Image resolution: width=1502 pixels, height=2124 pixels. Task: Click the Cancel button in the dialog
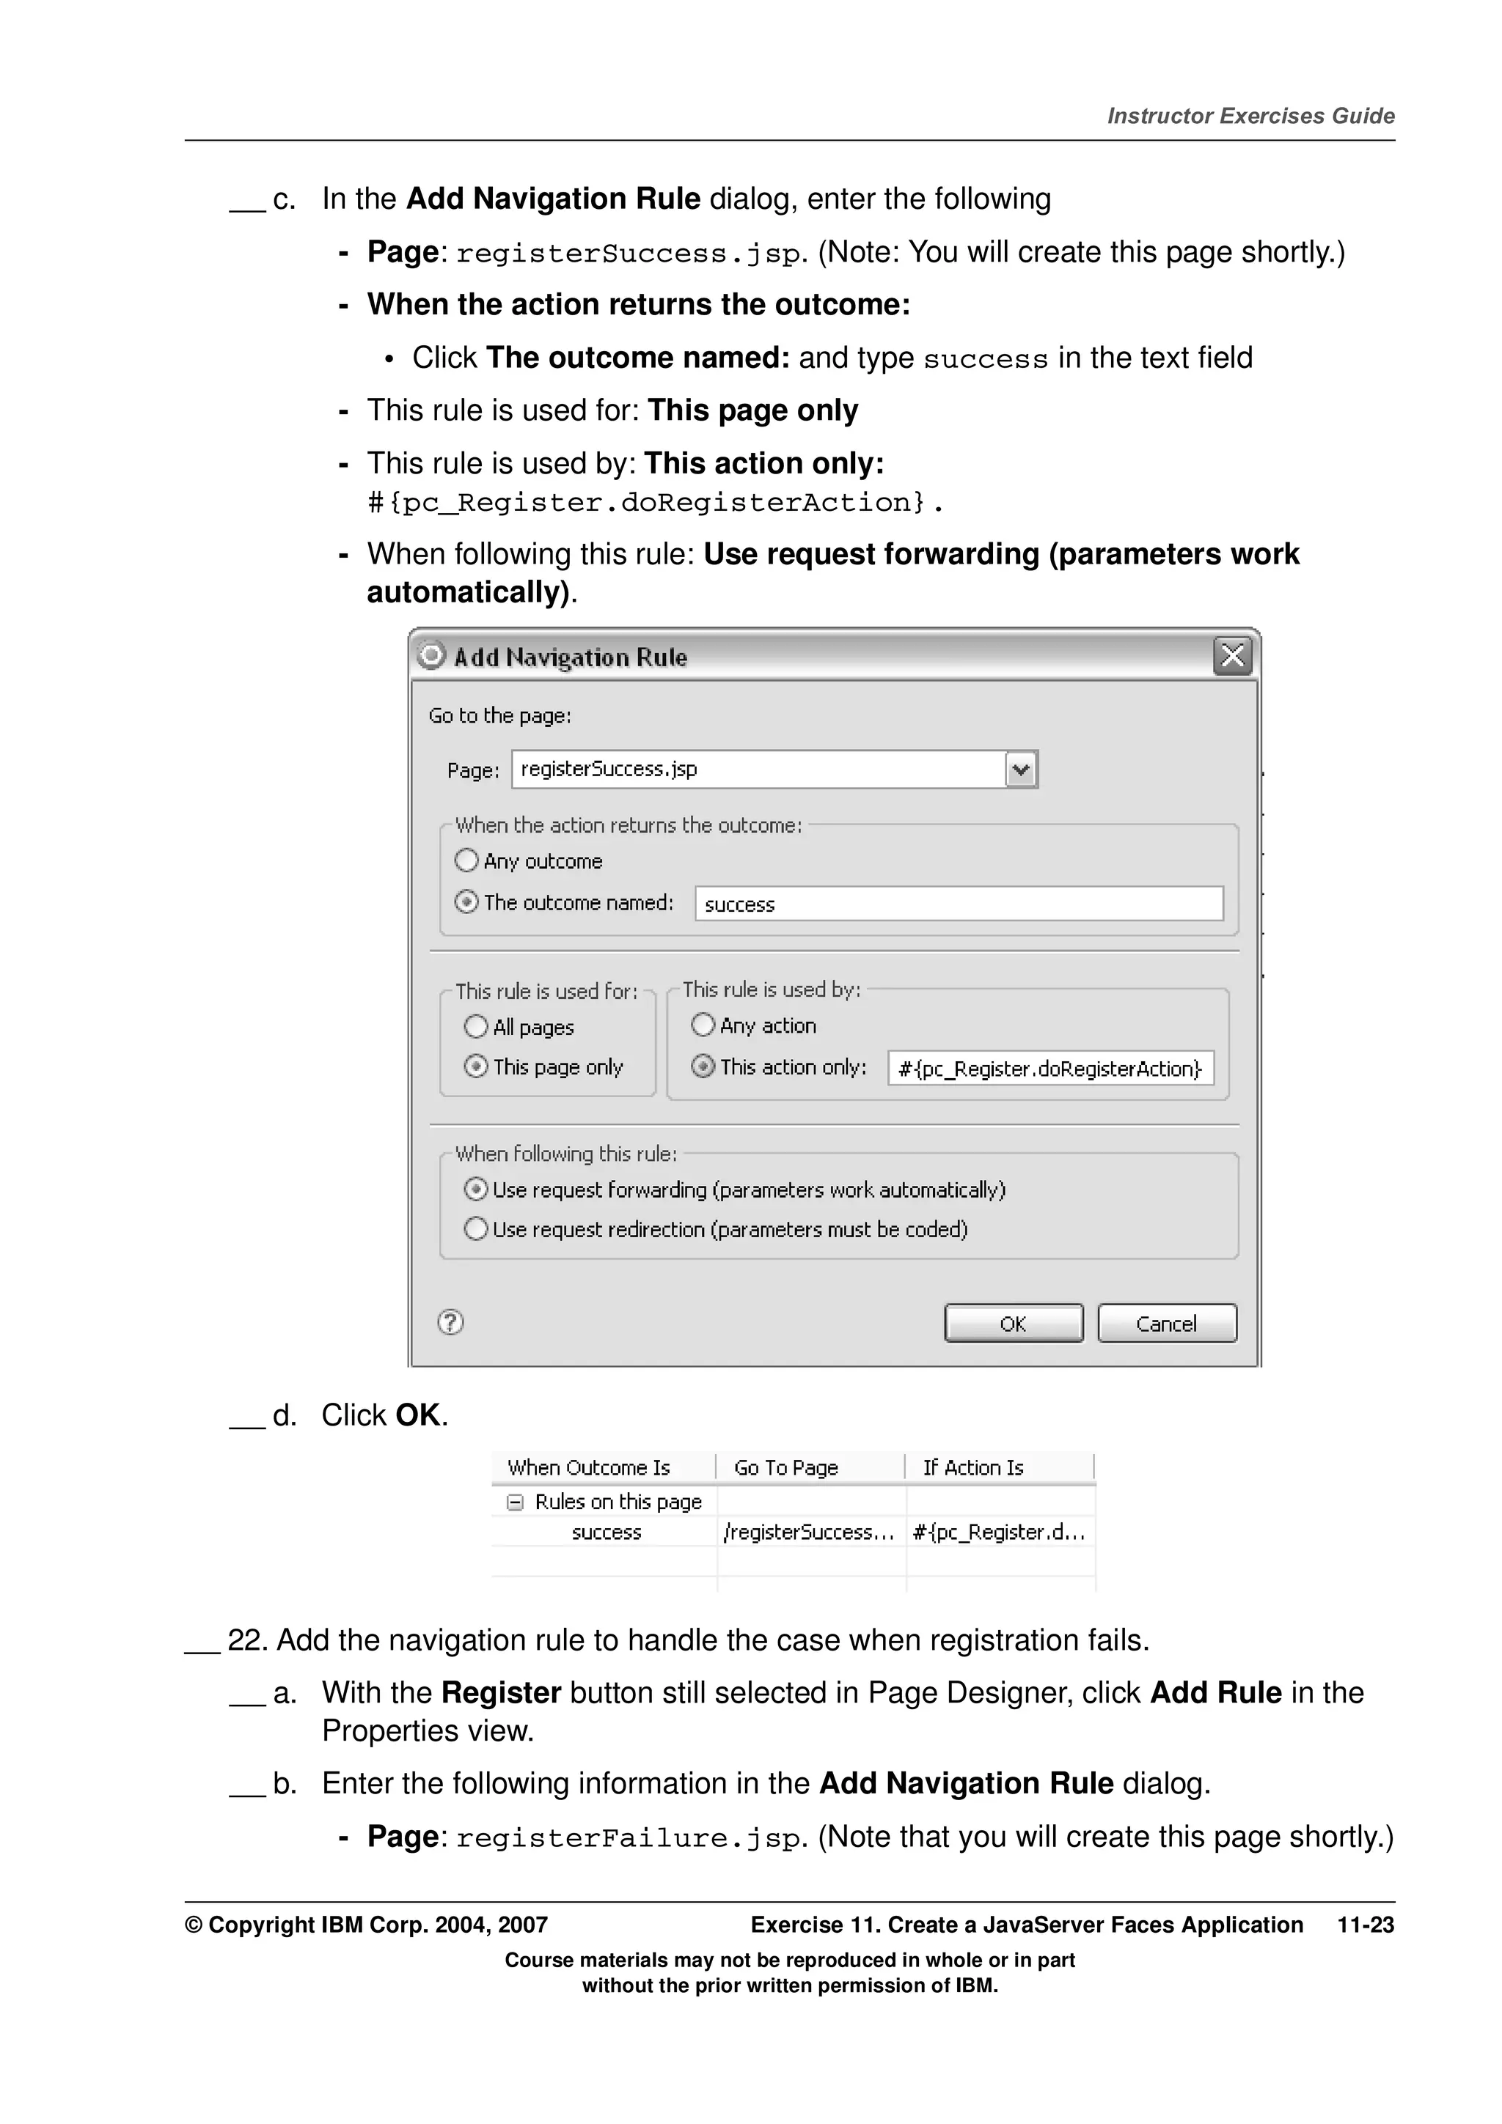click(1166, 1323)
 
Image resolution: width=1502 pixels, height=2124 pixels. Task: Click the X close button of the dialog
click(1232, 656)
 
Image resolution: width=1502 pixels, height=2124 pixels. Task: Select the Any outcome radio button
click(466, 860)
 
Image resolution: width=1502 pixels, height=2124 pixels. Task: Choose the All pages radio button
click(476, 1026)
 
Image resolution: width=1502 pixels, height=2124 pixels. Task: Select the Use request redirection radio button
click(476, 1228)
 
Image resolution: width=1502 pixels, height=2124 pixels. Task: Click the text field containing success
click(958, 904)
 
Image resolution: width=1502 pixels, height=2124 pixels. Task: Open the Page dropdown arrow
click(1021, 770)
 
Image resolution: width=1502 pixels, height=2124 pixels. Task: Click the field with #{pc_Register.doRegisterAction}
click(1049, 1069)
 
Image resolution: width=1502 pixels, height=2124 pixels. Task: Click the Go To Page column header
click(785, 1467)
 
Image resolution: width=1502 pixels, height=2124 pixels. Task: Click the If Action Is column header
click(972, 1467)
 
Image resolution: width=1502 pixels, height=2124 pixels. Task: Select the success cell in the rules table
click(607, 1532)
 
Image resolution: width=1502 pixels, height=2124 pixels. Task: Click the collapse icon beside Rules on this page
click(515, 1502)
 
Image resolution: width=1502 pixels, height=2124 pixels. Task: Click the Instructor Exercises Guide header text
click(1250, 116)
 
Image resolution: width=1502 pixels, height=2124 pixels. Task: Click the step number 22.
click(246, 1640)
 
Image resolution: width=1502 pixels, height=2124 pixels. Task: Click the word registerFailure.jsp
click(629, 1837)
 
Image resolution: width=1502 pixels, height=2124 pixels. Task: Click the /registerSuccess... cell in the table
click(809, 1532)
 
